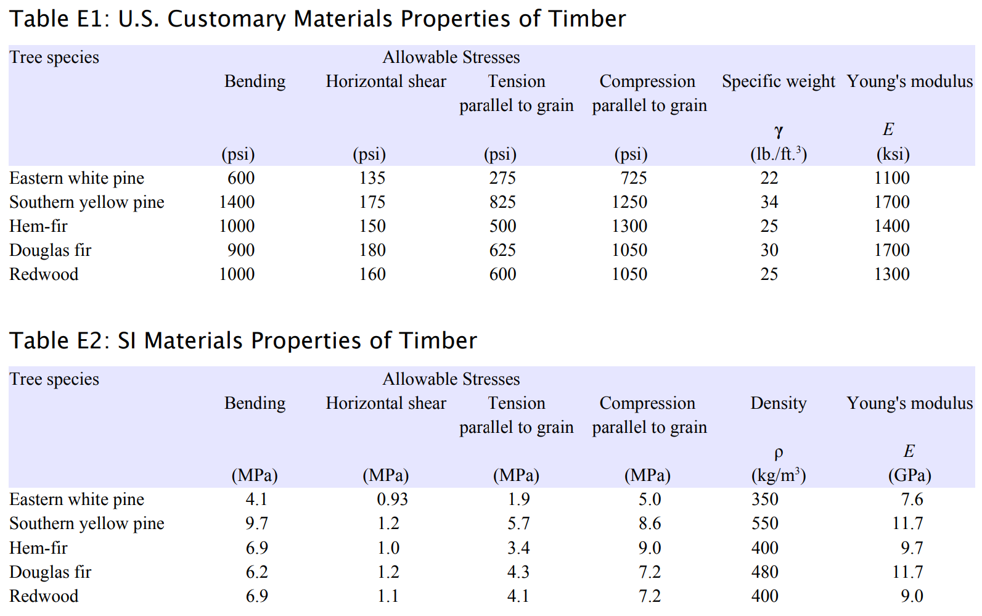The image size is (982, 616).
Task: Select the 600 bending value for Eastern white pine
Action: [x=241, y=178]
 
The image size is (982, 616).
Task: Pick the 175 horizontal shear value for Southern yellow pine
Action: [x=372, y=202]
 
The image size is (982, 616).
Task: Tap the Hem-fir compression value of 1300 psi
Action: [x=629, y=226]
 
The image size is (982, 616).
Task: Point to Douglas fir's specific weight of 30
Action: [x=769, y=250]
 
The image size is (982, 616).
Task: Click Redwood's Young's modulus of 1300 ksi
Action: [x=891, y=274]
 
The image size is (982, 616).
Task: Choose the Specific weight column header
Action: [x=778, y=81]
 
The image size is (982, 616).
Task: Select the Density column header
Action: [x=778, y=403]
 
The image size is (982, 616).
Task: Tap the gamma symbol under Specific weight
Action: [x=779, y=131]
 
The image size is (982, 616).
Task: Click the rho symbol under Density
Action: [x=779, y=453]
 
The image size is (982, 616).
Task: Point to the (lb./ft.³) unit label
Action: [x=778, y=154]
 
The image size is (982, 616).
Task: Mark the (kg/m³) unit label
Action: [x=778, y=475]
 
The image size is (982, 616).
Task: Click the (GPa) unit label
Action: [x=909, y=475]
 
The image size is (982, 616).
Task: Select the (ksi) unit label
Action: [x=893, y=154]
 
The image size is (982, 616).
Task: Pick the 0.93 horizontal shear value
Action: [x=392, y=499]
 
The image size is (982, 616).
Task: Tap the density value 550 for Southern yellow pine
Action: [x=764, y=524]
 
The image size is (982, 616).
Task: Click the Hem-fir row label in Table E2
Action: [x=38, y=548]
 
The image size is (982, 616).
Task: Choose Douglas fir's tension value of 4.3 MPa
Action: [x=518, y=572]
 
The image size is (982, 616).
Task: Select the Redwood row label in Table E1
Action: [x=44, y=274]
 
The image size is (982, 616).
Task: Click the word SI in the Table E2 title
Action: [x=127, y=341]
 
